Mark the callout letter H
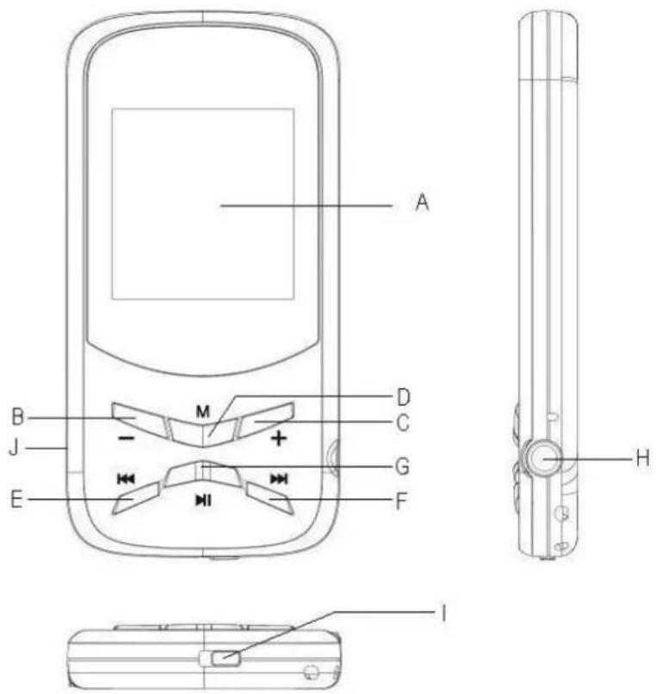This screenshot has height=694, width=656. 641,459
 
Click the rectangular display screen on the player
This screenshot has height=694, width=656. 202,203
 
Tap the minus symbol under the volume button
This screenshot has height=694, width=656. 126,438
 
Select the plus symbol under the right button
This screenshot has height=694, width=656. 278,438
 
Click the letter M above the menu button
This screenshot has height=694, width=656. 202,411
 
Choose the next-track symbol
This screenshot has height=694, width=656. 278,477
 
